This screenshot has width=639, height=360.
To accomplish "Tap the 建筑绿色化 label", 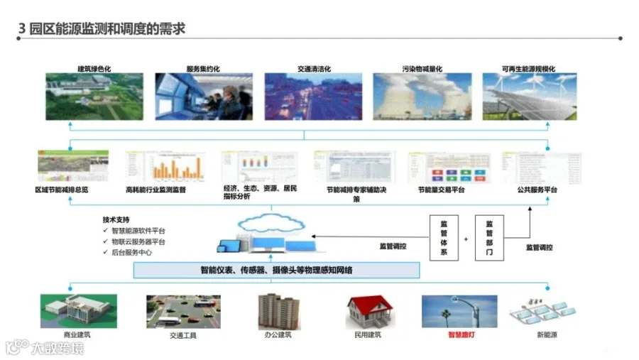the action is pos(94,69).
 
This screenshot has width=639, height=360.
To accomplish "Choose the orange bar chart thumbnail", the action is pos(164,167).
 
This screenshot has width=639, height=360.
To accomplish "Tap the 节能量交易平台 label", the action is pos(441,190).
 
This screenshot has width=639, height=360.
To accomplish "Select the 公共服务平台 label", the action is pos(537,190).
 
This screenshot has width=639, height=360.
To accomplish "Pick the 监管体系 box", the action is pos(444,238).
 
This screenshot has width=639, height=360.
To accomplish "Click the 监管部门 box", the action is pos(489,238).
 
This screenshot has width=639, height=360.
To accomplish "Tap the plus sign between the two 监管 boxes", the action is pos(466,239).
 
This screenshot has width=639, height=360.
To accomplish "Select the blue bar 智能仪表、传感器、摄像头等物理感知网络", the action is pos(277,270).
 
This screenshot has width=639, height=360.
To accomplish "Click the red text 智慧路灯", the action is pos(461,334).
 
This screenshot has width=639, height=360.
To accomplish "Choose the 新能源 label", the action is pos(545,334).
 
